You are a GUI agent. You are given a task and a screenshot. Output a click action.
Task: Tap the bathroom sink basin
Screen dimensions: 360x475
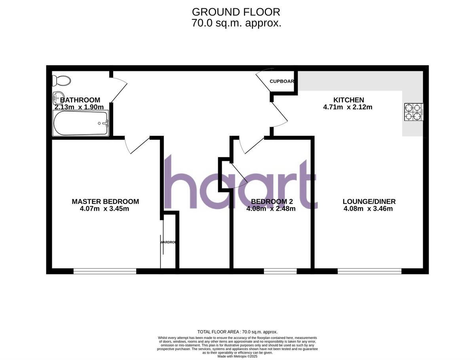pos(58,96)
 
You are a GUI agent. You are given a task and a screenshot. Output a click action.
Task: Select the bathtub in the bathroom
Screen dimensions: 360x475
pos(80,123)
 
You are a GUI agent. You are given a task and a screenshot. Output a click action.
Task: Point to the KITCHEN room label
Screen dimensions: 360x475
pos(348,100)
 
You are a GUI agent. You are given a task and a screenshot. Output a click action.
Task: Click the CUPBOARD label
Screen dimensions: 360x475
pos(282,82)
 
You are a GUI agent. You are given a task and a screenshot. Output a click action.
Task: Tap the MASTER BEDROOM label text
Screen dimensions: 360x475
pos(105,202)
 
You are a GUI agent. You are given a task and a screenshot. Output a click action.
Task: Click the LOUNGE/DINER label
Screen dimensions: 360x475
pos(369,202)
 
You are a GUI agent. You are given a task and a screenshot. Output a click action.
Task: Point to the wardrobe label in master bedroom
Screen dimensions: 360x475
pos(168,242)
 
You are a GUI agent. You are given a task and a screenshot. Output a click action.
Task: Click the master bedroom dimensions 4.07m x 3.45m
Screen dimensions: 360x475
pos(104,209)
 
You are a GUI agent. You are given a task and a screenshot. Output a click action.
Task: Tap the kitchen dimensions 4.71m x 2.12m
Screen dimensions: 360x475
pos(348,107)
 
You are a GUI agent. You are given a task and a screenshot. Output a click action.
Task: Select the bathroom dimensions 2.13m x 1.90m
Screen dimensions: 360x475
pos(79,107)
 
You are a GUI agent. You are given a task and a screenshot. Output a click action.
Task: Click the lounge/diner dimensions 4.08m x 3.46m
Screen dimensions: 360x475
pos(369,209)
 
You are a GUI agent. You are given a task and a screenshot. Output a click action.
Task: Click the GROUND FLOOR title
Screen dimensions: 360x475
pos(236,12)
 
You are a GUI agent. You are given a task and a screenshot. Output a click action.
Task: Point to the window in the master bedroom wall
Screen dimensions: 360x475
pos(105,271)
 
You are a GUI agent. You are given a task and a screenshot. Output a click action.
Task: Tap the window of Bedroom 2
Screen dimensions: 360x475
pos(280,271)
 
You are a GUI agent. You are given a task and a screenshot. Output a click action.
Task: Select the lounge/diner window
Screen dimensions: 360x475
pos(370,271)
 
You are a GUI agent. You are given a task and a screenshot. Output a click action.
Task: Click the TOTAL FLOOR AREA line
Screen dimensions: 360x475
pos(237,332)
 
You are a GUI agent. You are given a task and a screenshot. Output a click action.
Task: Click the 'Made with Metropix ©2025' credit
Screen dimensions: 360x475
pos(237,356)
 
